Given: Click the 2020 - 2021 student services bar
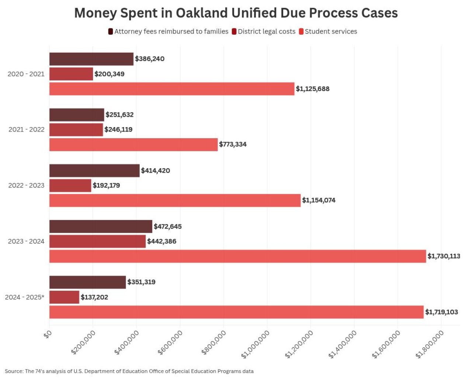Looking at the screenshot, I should (172, 89).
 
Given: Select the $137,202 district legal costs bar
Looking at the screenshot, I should (64, 297).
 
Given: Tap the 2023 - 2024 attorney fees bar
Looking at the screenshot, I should (101, 227).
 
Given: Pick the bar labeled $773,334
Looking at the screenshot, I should (133, 144).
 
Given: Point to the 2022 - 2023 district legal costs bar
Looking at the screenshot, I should (70, 186).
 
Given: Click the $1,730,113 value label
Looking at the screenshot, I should (444, 256).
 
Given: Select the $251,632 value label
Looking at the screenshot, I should (119, 115).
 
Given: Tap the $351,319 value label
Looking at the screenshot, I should (141, 282).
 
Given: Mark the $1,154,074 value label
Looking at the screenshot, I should (319, 200).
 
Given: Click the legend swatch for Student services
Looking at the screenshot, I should (301, 32).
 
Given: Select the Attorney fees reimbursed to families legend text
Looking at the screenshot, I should (171, 32).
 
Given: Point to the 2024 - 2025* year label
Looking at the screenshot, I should (25, 297).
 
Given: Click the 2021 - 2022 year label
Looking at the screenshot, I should (26, 130).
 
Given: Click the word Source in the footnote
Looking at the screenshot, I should (14, 371).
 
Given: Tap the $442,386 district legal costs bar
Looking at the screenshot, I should (97, 242).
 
